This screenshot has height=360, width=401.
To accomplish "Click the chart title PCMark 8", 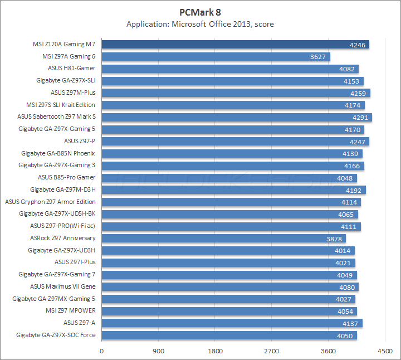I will tap(200, 12).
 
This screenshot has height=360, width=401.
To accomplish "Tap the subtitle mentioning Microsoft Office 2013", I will tap(200, 24).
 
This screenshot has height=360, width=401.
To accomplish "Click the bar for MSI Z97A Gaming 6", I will tap(216, 56).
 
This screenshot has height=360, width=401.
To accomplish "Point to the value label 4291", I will tap(360, 118).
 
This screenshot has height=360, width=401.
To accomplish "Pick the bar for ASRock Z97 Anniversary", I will tap(223, 238).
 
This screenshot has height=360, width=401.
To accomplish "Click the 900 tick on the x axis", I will tap(158, 351).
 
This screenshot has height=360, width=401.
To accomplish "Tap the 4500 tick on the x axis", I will tap(384, 351).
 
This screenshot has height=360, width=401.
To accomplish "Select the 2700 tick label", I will tap(271, 351).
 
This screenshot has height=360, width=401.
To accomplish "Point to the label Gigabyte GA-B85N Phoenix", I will tap(58, 153).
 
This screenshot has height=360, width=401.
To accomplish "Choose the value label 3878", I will tap(335, 239).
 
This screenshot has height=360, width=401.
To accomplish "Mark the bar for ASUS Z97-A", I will tap(232, 323).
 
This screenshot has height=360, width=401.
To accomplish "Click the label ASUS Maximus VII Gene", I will tap(63, 286).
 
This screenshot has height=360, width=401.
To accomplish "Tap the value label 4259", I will tap(359, 93).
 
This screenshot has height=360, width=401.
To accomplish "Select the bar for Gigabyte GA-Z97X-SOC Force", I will tap(229, 335).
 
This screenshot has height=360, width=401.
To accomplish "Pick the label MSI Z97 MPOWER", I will tap(71, 310).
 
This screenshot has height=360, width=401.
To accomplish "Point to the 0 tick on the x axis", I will tap(101, 351).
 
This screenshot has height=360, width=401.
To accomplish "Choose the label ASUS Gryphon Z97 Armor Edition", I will tap(50, 202).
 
